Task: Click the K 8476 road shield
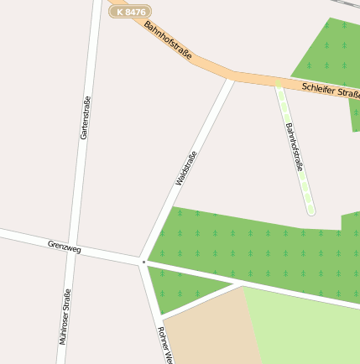[130, 12]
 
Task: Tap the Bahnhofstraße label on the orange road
[168, 40]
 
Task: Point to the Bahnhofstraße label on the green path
[295, 148]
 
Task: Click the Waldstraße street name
[186, 169]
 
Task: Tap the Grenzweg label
[64, 247]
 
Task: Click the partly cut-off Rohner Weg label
[165, 344]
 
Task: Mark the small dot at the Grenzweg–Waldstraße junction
[143, 262]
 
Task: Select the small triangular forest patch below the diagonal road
[180, 290]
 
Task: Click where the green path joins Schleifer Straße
[278, 82]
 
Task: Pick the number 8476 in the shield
[136, 12]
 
